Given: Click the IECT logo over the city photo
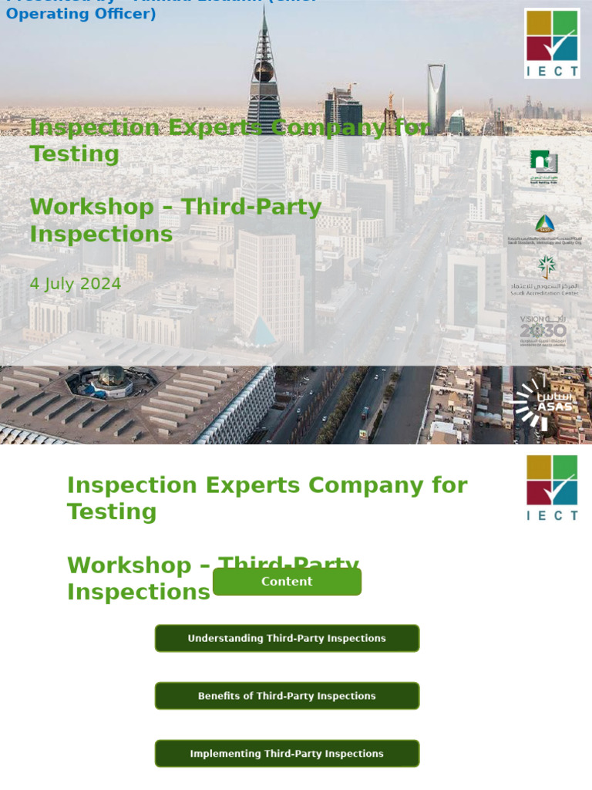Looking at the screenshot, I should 552,43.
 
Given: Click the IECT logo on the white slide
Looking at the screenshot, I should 552,488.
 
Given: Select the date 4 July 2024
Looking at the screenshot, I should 76,284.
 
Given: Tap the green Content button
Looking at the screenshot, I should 287,582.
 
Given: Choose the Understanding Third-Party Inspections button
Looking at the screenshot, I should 287,639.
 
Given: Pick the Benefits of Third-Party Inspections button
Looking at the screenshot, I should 287,696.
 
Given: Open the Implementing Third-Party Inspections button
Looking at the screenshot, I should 287,754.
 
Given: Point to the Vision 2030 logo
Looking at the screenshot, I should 543,330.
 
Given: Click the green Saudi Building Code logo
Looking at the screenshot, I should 543,166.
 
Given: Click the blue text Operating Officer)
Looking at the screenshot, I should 81,14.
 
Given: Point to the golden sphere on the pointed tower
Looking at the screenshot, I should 264,73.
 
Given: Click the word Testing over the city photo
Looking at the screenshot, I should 75,154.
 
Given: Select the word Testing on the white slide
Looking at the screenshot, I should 112,512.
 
